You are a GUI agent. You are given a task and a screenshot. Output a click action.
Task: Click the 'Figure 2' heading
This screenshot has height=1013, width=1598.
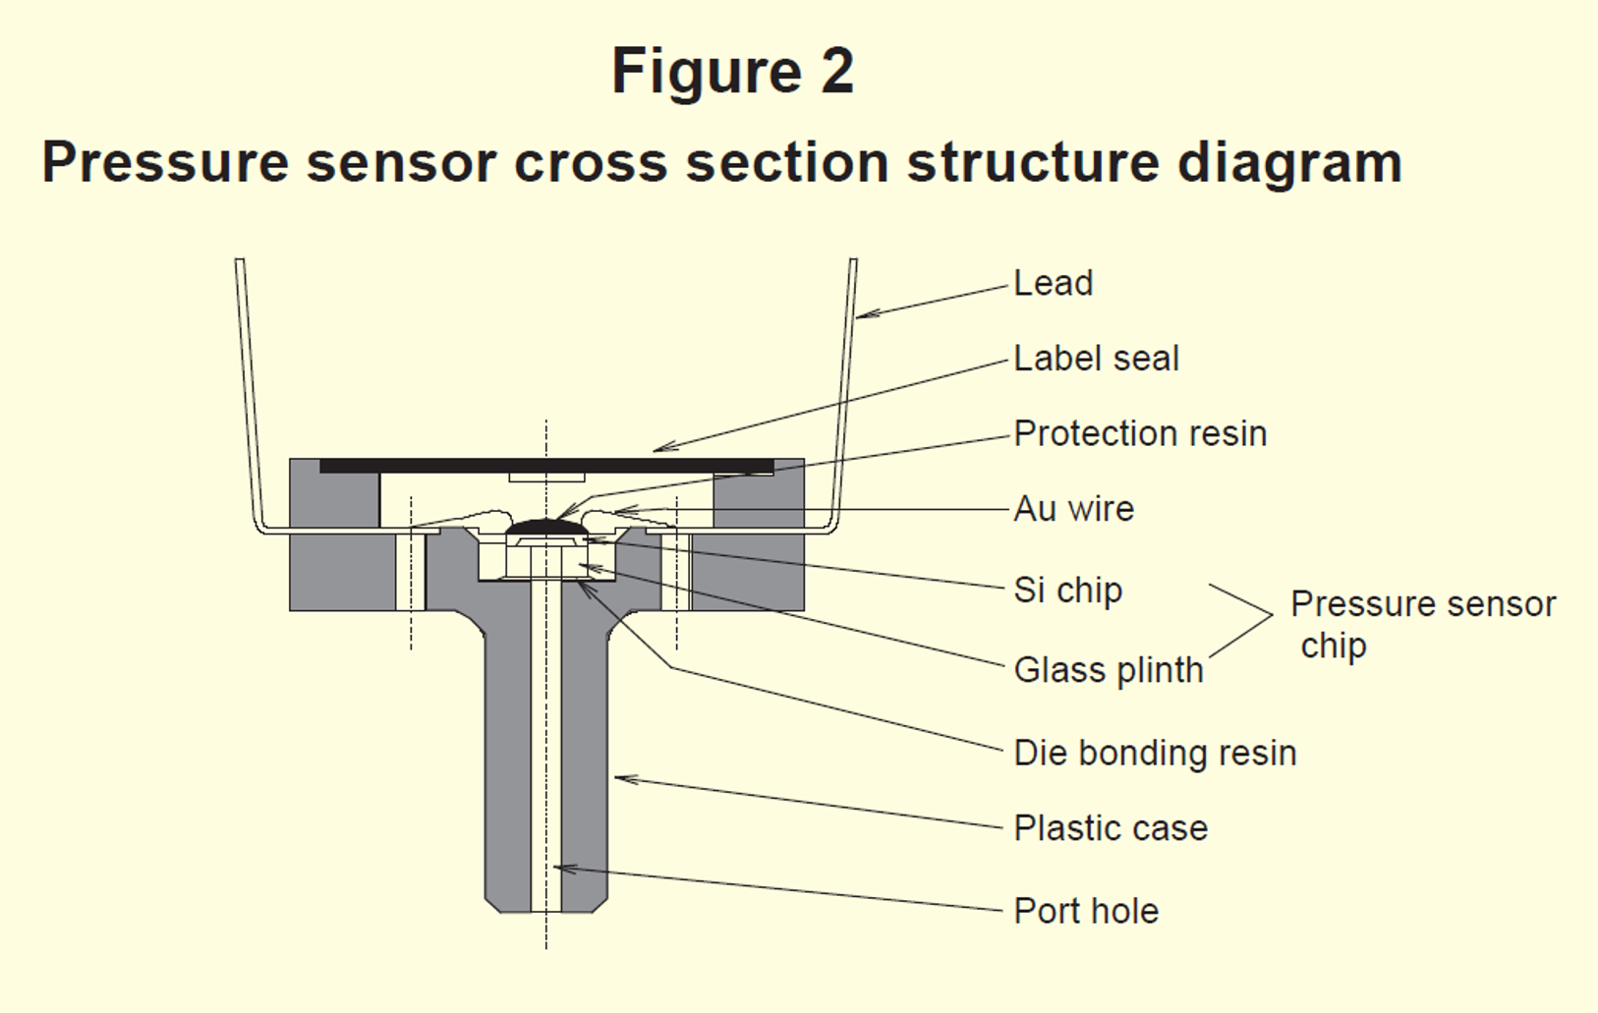pos(732,72)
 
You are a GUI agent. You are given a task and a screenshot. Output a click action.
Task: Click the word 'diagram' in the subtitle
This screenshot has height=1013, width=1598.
pos(1289,163)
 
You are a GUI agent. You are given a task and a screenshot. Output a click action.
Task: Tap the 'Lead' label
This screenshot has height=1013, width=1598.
pos(1053,284)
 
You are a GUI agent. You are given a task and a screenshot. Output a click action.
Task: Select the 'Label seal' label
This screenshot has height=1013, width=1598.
pos(1096,359)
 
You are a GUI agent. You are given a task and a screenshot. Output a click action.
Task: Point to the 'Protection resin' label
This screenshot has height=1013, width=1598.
pos(1140,434)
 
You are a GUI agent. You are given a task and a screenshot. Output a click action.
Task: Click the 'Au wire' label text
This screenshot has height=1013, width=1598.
pos(1073,509)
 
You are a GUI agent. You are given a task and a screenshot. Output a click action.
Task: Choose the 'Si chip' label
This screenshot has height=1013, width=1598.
pos(1067,591)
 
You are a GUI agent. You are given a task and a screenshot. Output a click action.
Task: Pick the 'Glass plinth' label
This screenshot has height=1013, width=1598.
pos(1108,670)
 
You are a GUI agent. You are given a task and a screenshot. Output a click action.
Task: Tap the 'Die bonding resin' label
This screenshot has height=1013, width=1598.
pos(1155,754)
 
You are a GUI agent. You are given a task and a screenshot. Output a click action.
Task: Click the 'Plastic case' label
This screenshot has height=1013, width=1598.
pos(1111,828)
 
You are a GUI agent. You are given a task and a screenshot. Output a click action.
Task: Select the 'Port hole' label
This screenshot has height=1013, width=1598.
pos(1086,912)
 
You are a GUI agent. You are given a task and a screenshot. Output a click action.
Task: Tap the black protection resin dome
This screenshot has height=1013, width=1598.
pos(546,528)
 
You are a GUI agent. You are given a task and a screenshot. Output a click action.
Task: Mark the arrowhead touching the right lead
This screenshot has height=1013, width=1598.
pos(862,315)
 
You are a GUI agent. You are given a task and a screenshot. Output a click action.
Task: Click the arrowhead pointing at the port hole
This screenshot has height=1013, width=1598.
pos(559,868)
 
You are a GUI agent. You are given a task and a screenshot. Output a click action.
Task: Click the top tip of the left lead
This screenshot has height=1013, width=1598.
pos(239,262)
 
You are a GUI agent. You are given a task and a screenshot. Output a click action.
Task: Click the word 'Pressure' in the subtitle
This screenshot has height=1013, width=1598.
pos(165,163)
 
